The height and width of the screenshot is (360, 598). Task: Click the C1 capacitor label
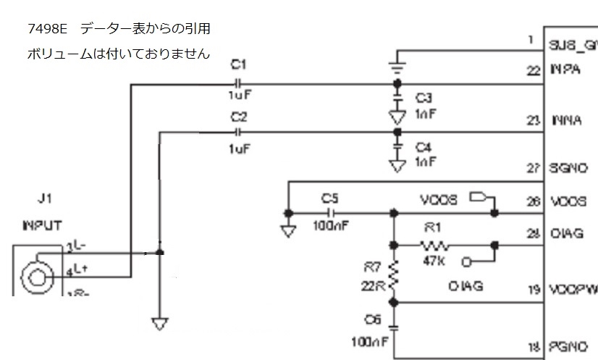coord(239,64)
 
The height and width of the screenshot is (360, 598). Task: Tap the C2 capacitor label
coord(239,116)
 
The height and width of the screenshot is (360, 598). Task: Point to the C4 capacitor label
coord(424,147)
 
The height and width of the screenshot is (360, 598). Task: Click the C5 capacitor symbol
coord(331,213)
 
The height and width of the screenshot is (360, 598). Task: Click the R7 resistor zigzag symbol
coord(395,273)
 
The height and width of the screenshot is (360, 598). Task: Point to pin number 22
coord(534,70)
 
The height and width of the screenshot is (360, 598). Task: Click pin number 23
coord(534,120)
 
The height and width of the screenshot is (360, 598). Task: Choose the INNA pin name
coord(567,120)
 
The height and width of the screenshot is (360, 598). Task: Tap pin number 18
coord(534,346)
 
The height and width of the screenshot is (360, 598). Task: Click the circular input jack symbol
coord(35,275)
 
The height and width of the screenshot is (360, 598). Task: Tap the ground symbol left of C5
coord(288,231)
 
